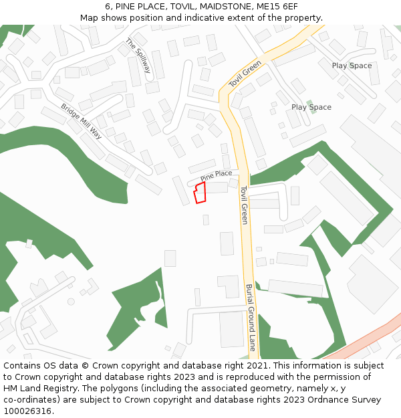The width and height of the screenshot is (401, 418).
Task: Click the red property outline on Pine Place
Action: [x=199, y=193]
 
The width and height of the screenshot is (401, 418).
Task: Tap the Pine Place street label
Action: [x=216, y=175]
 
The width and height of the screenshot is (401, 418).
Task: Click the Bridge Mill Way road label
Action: [x=81, y=121]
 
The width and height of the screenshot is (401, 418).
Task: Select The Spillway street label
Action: [x=138, y=56]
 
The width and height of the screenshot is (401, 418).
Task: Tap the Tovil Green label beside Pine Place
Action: [x=244, y=205]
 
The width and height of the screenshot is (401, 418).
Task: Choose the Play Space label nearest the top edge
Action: [x=352, y=66]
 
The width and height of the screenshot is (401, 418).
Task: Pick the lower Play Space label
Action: [x=311, y=107]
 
